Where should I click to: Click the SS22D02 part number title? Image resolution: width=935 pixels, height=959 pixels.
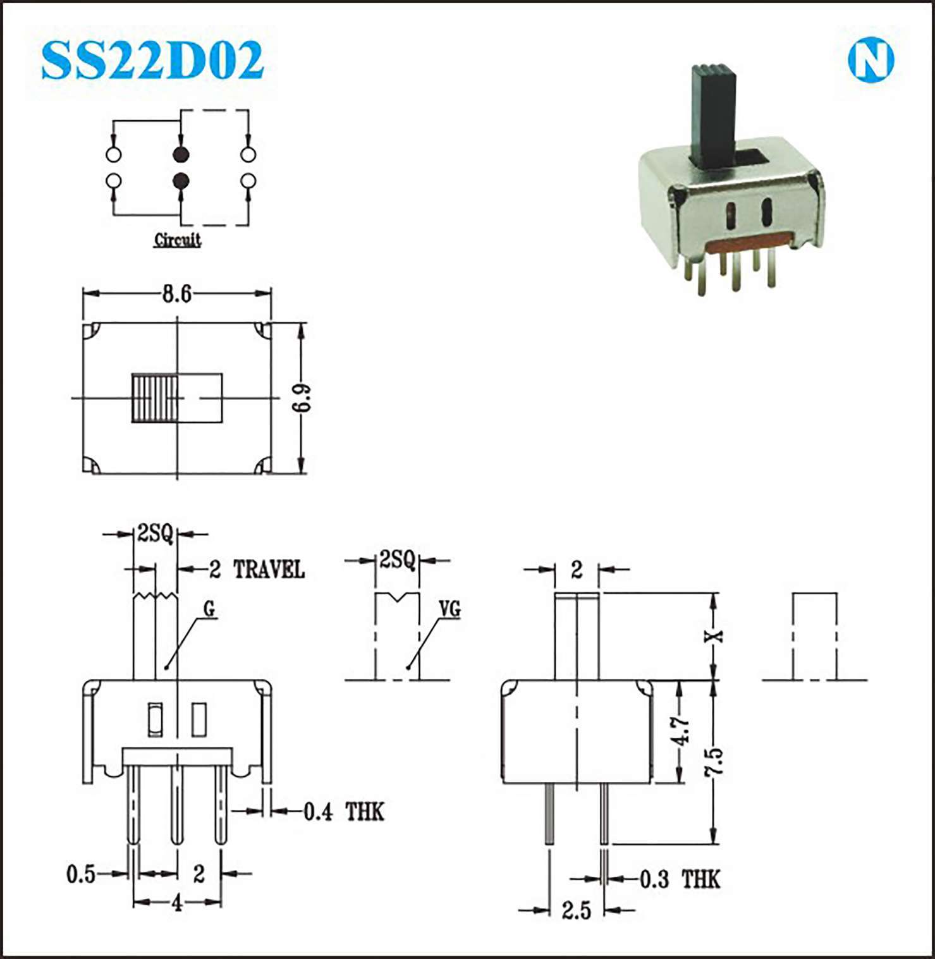[x=152, y=60]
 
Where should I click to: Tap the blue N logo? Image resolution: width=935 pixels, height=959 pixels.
[x=871, y=60]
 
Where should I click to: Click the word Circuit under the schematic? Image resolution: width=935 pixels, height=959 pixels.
[x=178, y=240]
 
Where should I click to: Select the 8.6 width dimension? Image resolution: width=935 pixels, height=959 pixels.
[x=176, y=294]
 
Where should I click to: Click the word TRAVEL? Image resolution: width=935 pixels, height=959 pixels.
[x=269, y=570]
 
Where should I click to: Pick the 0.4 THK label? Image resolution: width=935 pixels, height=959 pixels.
[x=344, y=811]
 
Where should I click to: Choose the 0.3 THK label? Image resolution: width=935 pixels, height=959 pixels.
[x=680, y=879]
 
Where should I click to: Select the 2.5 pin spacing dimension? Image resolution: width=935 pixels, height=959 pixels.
[x=576, y=910]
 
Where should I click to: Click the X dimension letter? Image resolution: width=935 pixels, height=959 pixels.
[x=714, y=636]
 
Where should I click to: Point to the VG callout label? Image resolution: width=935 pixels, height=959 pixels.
[x=450, y=609]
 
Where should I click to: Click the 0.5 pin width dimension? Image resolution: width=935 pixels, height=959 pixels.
[x=81, y=874]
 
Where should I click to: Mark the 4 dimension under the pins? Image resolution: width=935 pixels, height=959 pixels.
[x=177, y=905]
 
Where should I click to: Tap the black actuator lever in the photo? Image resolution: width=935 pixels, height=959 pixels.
[x=713, y=116]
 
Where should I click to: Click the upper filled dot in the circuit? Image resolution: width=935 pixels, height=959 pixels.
[x=181, y=154]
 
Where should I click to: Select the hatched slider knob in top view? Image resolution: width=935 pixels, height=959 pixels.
[x=154, y=398]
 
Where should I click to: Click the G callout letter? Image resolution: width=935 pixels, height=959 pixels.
[x=209, y=609]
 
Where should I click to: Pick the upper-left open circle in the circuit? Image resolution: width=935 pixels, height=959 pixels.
[x=113, y=154]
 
